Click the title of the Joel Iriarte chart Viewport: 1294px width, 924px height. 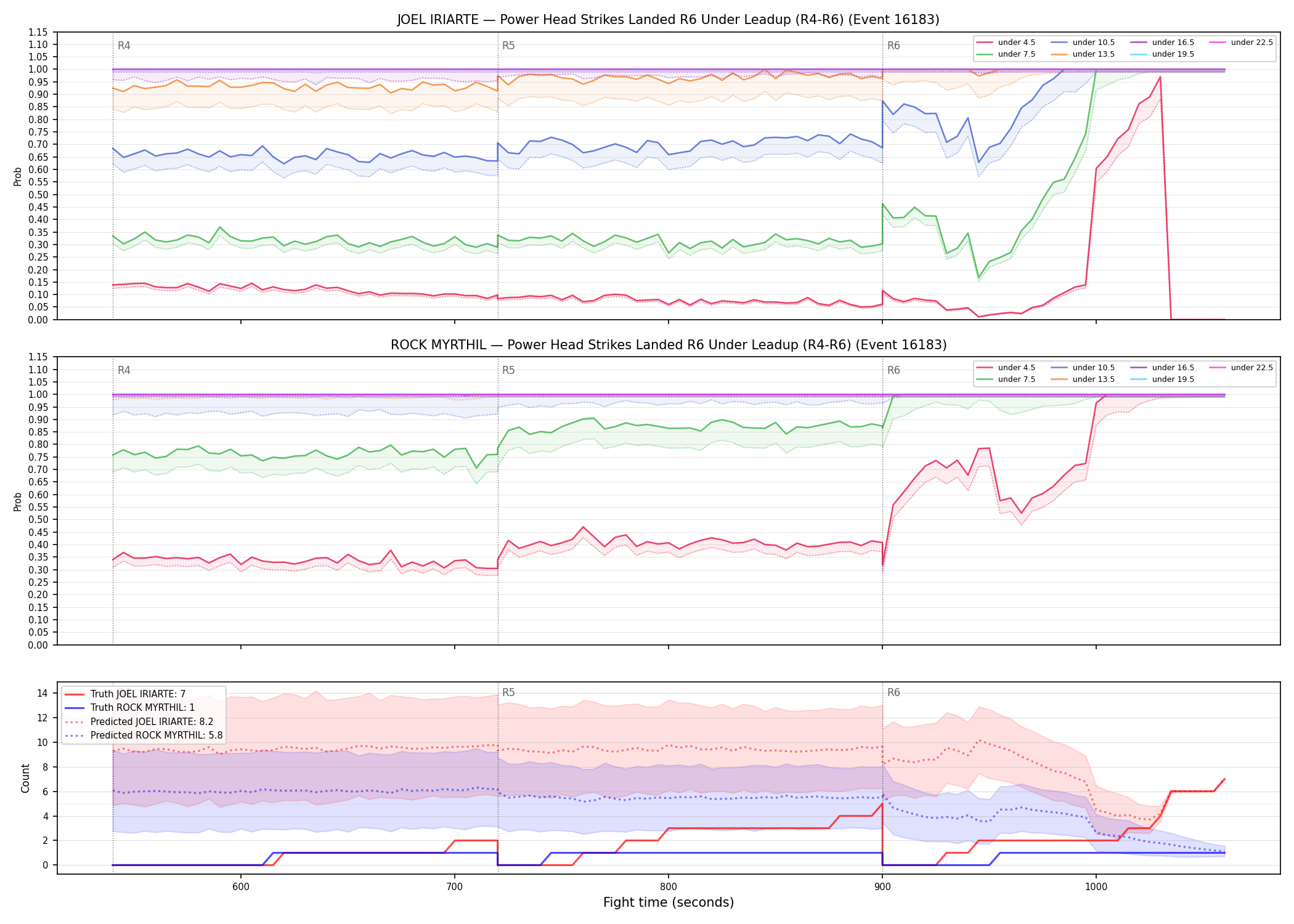[668, 20]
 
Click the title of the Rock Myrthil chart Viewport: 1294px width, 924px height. [669, 345]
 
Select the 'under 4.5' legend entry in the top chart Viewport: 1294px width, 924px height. [1006, 43]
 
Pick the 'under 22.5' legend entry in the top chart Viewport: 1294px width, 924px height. [1241, 43]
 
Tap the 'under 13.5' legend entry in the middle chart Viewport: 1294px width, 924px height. [1083, 379]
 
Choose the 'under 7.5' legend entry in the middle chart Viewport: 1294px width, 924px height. [1006, 379]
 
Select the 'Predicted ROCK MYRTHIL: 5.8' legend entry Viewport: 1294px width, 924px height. [144, 735]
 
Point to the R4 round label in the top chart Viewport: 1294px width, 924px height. [124, 46]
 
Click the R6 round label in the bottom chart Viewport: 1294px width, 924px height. [893, 692]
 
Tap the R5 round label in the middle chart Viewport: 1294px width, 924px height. [508, 370]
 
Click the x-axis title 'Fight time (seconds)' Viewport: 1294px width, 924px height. [669, 902]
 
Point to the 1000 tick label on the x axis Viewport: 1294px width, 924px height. [1096, 887]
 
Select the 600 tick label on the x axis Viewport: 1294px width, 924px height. [241, 887]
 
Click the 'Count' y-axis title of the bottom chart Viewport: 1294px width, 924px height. [25, 778]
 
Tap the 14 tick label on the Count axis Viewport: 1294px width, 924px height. [42, 693]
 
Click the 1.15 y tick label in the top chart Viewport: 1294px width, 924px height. [38, 32]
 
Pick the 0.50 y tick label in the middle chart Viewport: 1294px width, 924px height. [38, 520]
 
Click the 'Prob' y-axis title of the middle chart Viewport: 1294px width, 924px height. [18, 501]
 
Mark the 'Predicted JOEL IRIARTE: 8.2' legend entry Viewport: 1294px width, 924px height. [139, 721]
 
